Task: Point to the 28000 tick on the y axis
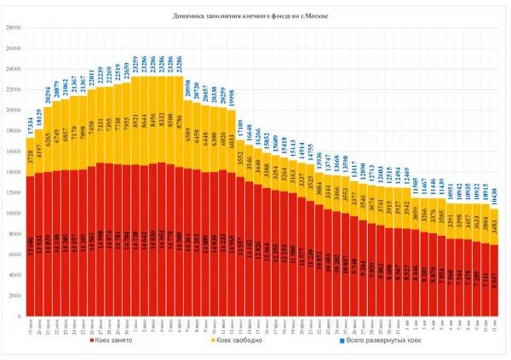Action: tap(14, 27)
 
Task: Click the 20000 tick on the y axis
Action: tap(14, 110)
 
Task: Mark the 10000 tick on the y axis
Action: tap(14, 214)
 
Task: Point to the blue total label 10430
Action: tap(497, 198)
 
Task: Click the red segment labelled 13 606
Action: tap(31, 247)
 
